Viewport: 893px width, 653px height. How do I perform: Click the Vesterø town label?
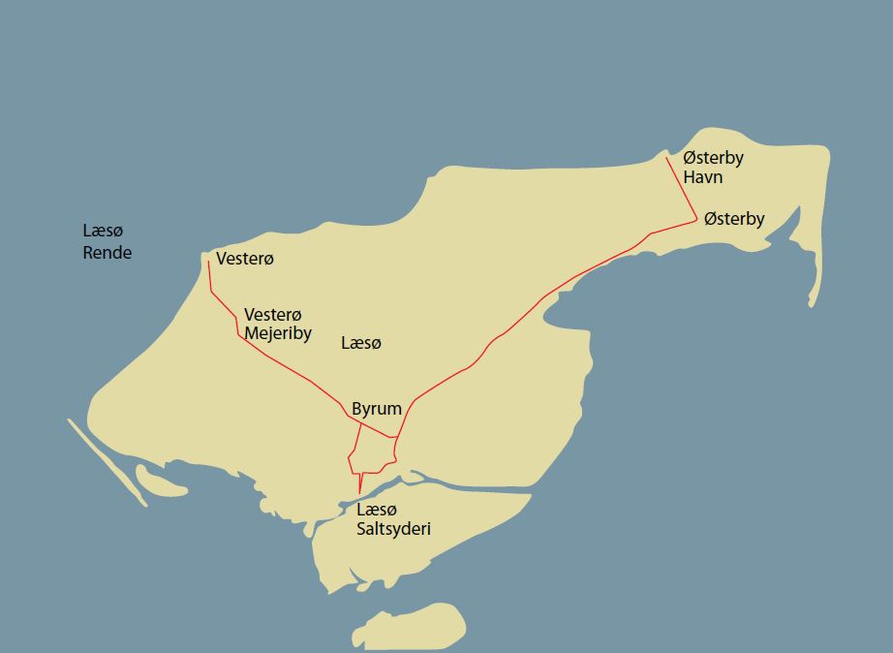point(245,259)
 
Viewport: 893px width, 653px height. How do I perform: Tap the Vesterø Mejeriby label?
point(277,325)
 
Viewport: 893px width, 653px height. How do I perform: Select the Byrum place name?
point(377,409)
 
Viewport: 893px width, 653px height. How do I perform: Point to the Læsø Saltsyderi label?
point(393,519)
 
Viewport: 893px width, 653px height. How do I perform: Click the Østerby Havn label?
point(713,167)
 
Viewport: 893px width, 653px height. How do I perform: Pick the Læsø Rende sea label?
point(107,241)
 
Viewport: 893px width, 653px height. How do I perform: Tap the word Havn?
point(702,177)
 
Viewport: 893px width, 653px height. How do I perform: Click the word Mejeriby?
point(277,334)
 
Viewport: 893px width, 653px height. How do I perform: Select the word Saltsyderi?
point(393,529)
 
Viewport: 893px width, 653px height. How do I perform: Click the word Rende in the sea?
point(107,253)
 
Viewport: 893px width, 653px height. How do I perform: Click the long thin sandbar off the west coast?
point(107,461)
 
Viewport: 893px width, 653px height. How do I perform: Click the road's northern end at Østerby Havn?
point(667,159)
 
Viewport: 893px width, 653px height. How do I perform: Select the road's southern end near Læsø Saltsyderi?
point(359,494)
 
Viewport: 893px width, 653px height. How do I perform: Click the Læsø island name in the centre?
point(361,343)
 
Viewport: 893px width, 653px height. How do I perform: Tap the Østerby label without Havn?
point(734,219)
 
